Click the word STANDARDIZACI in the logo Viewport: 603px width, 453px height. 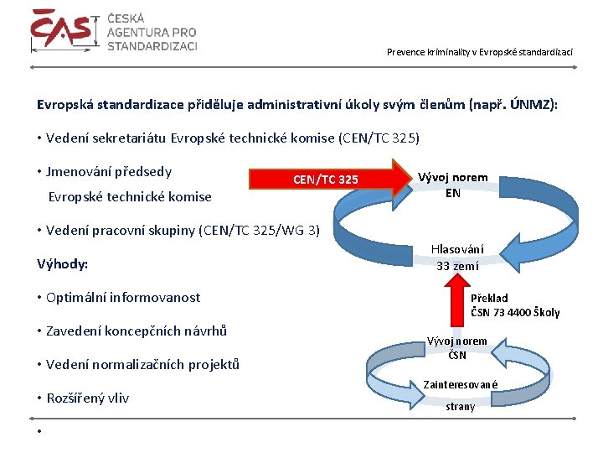152,45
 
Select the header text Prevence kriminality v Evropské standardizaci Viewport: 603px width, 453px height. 480,52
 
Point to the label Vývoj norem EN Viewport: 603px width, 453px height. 453,185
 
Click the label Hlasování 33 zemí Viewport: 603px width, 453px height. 457,258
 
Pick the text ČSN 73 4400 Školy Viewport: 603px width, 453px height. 515,313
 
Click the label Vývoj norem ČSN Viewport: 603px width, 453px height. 456,347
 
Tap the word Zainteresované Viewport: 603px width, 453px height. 461,384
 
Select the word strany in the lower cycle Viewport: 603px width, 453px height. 460,406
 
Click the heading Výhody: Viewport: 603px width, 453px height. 63,264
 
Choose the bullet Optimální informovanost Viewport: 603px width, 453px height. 123,297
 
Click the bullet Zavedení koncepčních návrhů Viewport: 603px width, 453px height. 137,331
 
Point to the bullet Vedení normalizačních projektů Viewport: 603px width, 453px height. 142,364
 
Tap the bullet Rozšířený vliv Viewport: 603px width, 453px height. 88,398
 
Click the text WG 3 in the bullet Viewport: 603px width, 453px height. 302,230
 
